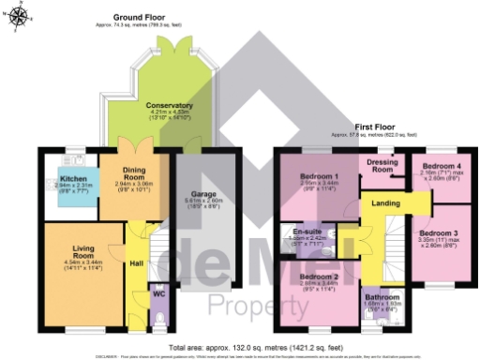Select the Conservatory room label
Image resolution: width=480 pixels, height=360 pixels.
pos(170,106)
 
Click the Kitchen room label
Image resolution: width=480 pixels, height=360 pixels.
pos(74,177)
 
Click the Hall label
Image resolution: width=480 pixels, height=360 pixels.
pos(136,263)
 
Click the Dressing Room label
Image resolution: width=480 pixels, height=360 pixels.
pos(383,165)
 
